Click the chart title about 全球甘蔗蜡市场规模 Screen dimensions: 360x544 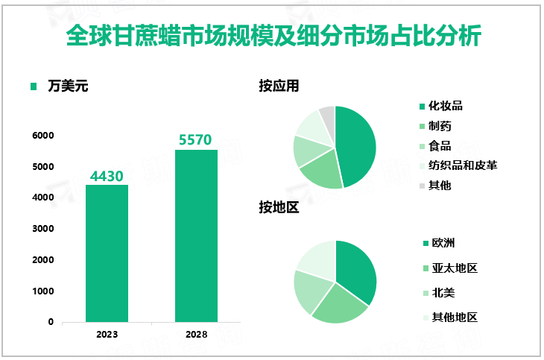point(273,36)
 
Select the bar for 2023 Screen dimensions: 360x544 point(107,253)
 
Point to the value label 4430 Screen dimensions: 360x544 point(107,176)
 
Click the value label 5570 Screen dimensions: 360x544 point(196,140)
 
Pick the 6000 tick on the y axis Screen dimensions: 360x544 point(42,136)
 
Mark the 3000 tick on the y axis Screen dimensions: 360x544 point(42,229)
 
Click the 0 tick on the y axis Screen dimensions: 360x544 point(50,322)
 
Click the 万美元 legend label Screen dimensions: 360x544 point(67,86)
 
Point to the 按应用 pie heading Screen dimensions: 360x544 point(279,86)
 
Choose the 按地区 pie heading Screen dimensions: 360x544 point(279,208)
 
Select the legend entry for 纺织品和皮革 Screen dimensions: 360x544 point(462,165)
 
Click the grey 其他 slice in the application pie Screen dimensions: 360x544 point(327,114)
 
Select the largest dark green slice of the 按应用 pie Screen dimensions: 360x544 point(356,145)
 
